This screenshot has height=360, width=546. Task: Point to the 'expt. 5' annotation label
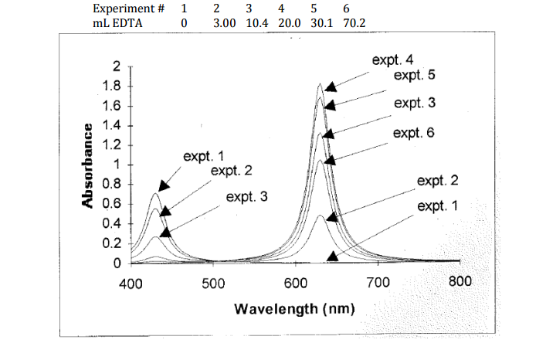pos(414,76)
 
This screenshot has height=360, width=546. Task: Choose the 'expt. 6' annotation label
pos(413,133)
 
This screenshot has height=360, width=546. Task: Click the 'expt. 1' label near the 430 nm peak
pos(203,157)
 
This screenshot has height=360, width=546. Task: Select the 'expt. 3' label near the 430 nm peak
pos(246,197)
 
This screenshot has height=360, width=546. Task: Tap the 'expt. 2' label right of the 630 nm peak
pos(437,181)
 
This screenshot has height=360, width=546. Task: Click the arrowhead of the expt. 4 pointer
pos(330,87)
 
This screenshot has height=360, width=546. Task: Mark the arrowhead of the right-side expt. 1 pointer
pos(332,256)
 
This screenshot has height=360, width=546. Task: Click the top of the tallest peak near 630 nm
pos(320,84)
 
